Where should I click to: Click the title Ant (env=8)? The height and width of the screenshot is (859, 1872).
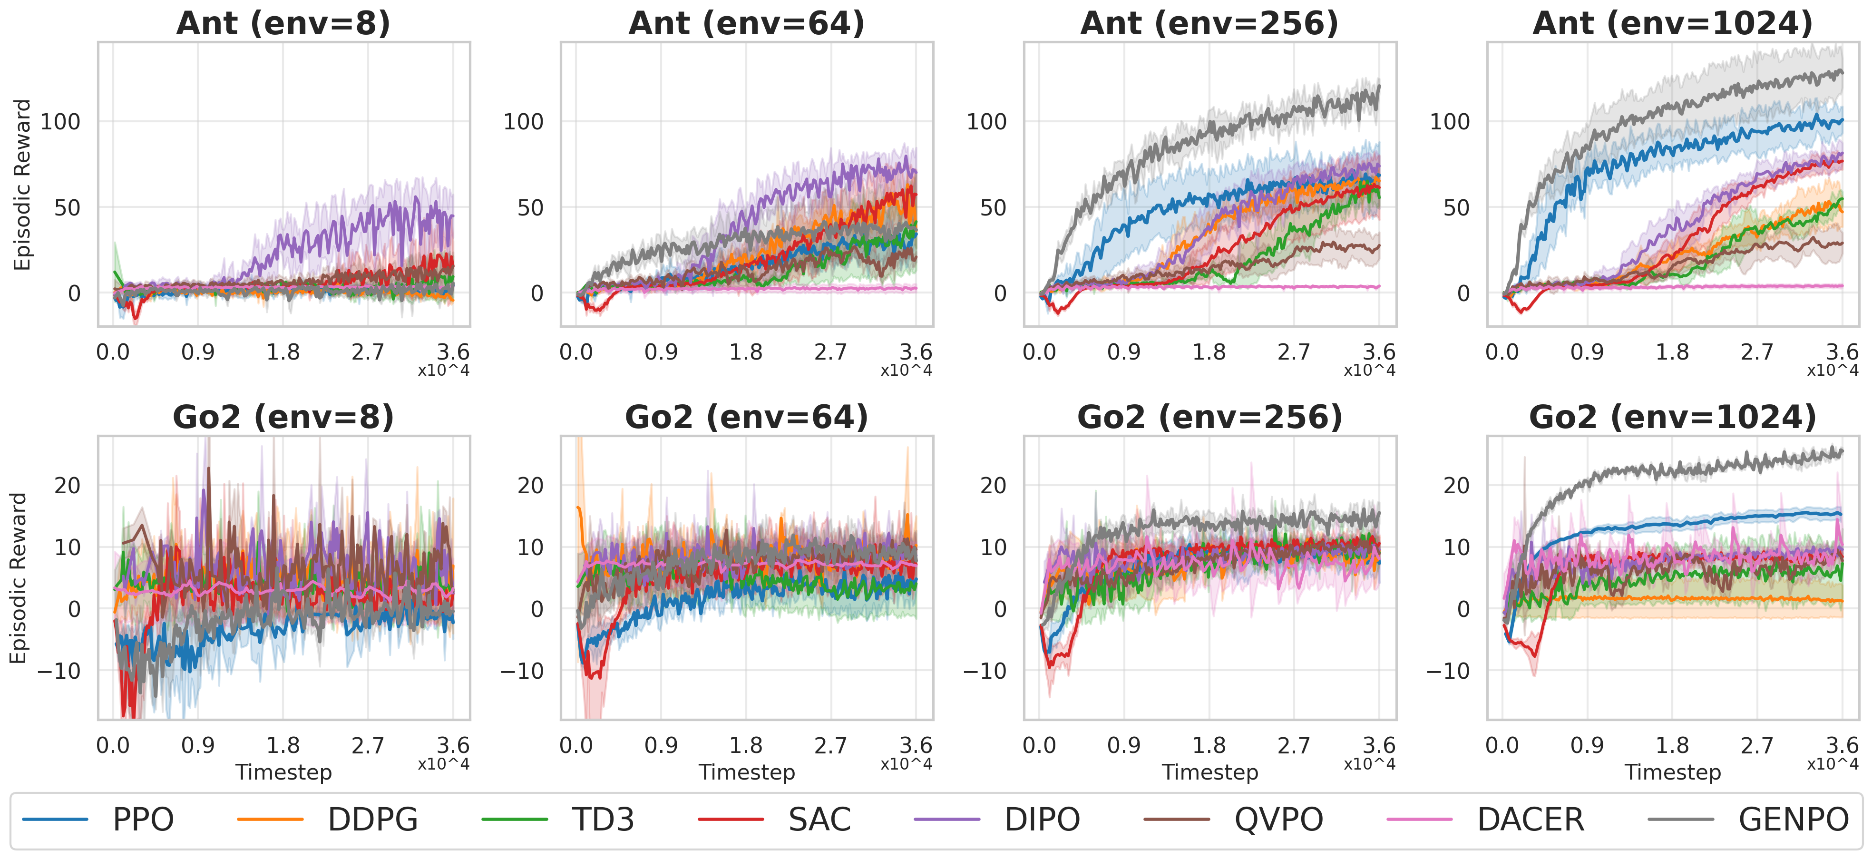(x=283, y=23)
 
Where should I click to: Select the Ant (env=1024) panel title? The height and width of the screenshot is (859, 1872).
(x=1672, y=23)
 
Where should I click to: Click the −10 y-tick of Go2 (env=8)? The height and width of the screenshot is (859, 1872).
(x=59, y=671)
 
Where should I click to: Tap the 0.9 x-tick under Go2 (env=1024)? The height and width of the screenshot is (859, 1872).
(x=1587, y=746)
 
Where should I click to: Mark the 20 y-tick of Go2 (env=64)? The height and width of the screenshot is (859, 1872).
(x=530, y=486)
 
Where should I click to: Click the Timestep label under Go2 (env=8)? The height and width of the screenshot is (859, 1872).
(x=283, y=772)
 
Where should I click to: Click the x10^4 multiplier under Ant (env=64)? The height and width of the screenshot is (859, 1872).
(x=906, y=370)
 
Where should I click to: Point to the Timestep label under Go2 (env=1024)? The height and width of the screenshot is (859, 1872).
(x=1672, y=772)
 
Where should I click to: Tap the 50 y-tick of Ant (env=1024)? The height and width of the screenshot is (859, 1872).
(x=1456, y=208)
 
